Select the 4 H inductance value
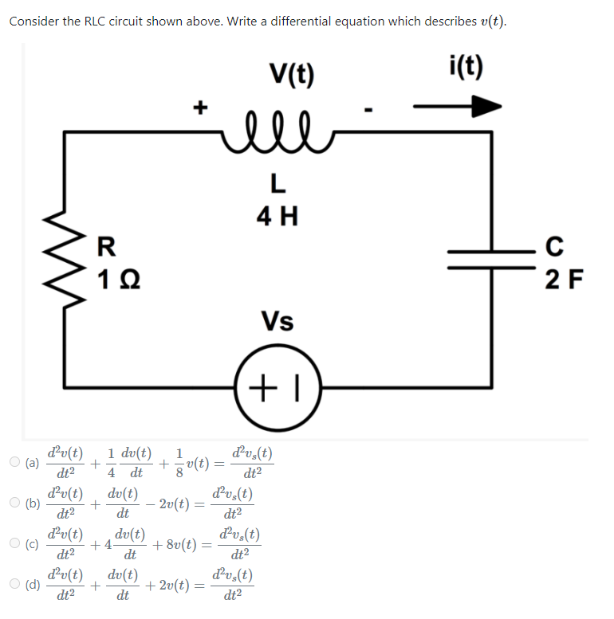click(x=276, y=216)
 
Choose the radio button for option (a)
click(x=14, y=461)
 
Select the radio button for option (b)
click(x=14, y=503)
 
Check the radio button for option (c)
click(x=14, y=545)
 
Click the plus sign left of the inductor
click(x=202, y=105)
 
